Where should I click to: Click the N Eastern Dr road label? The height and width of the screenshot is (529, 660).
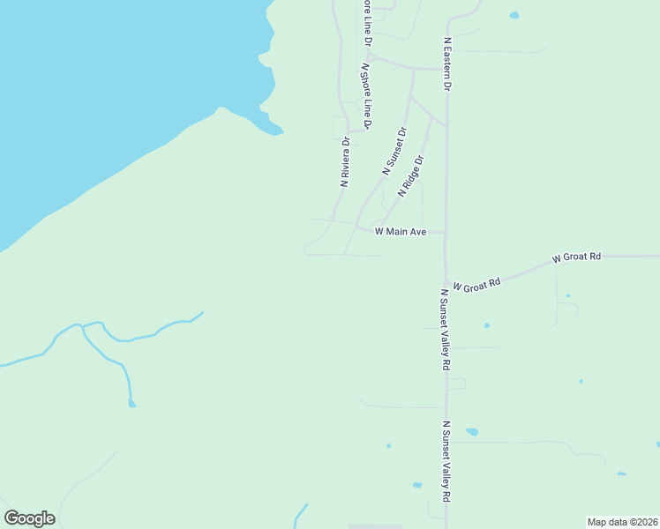click(x=447, y=64)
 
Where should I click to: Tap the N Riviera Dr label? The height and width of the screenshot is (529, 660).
click(x=345, y=160)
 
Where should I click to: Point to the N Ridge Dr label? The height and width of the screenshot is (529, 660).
click(x=411, y=176)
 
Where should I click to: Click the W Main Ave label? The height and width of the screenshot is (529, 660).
click(x=401, y=232)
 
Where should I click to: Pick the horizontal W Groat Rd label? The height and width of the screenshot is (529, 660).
click(x=576, y=257)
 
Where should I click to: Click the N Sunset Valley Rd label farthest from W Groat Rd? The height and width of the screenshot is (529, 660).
click(x=446, y=473)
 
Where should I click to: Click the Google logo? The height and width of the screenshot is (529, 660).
click(x=29, y=518)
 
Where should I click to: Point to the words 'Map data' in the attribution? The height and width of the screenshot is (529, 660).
click(x=606, y=521)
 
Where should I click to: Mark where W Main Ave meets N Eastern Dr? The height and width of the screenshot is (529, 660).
click(x=446, y=234)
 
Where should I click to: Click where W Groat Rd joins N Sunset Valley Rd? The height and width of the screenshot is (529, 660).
click(x=446, y=284)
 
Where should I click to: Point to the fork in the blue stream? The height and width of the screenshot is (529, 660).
click(x=83, y=327)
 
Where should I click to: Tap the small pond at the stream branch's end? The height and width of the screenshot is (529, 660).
click(x=131, y=404)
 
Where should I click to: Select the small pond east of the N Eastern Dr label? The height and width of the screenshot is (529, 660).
click(x=514, y=15)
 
